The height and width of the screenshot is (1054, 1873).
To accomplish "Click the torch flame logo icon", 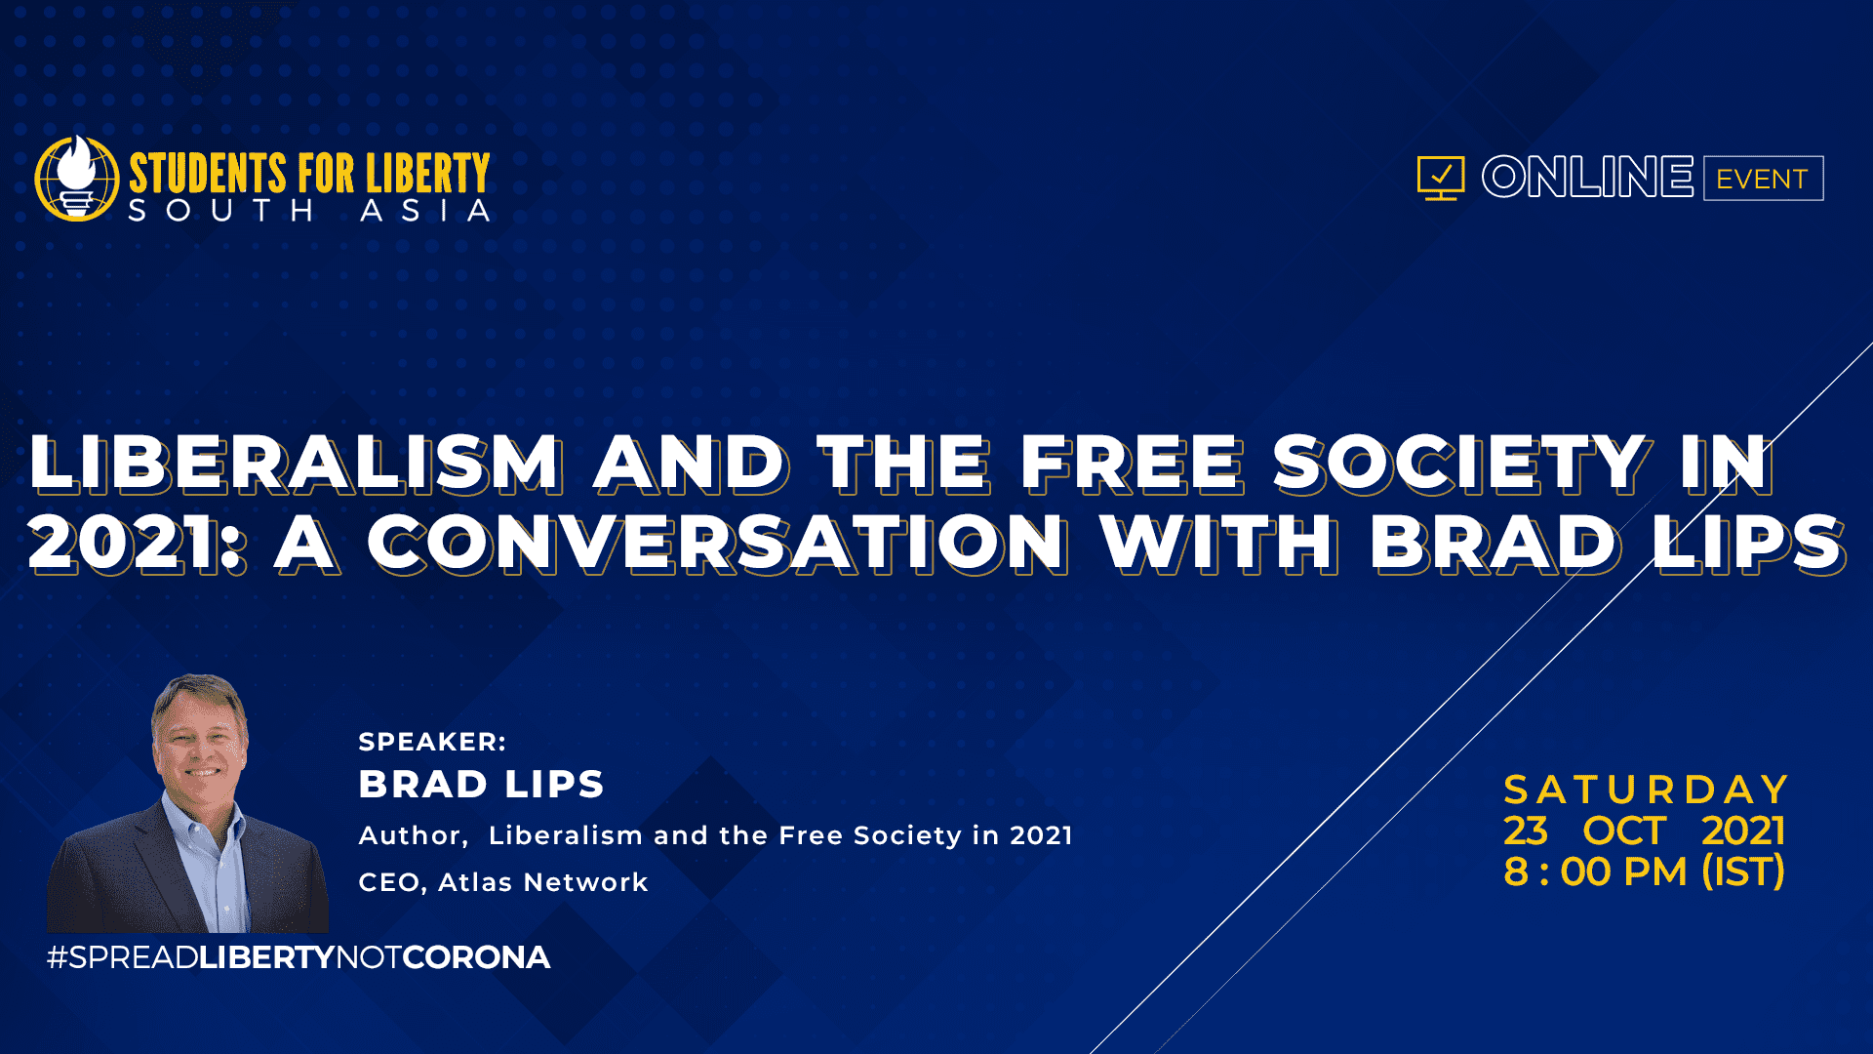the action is (x=77, y=178).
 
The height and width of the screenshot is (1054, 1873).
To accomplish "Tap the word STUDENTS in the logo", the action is (x=208, y=174).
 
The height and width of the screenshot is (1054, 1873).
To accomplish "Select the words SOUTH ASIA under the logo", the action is (x=309, y=211).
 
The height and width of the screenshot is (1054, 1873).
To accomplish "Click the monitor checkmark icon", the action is (x=1441, y=178).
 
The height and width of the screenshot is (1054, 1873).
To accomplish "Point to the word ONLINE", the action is (x=1587, y=177).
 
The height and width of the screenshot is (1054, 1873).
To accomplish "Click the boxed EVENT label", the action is (x=1763, y=179).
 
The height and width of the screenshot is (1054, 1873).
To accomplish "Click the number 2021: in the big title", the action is (x=137, y=543).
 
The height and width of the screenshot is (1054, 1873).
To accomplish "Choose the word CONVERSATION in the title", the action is (x=717, y=543).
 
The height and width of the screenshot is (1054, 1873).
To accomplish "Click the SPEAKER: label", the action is (x=432, y=742).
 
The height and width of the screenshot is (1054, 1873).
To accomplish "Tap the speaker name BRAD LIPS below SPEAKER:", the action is (x=481, y=785).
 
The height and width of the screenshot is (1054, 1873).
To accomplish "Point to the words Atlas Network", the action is (x=543, y=882).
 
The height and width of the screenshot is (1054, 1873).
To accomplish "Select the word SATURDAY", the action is (x=1646, y=790).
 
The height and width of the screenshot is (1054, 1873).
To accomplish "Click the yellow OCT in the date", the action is (x=1624, y=831).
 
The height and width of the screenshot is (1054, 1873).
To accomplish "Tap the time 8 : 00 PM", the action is (x=1595, y=872).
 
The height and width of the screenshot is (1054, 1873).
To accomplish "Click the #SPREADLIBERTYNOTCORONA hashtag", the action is (x=299, y=957).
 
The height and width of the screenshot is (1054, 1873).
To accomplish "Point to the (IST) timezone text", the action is (x=1743, y=872).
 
